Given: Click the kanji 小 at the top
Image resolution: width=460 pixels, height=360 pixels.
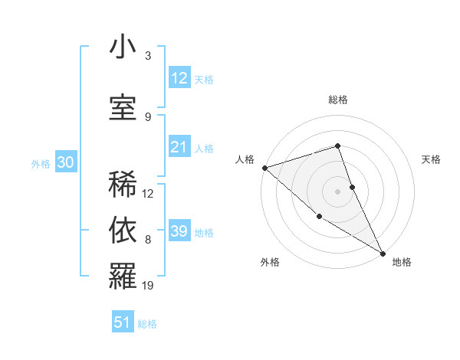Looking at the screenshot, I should coord(123,48).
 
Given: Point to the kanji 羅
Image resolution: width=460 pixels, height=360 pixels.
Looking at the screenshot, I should coord(123,276).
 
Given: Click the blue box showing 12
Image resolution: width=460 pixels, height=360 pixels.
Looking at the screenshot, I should coord(179,77).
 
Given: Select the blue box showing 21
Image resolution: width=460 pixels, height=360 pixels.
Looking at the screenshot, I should coord(179,147).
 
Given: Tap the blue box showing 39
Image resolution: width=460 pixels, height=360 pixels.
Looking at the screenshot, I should coord(179,231).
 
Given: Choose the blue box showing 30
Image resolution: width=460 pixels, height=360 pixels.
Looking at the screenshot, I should coord(65,162).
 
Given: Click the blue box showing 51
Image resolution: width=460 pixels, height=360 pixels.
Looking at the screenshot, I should coord(123,322).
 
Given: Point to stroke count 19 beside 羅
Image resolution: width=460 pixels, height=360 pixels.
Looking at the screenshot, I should coord(149,286).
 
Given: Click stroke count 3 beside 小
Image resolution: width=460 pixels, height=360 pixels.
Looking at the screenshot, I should coord(148,56).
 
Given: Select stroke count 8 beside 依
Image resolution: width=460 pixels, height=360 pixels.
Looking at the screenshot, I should coord(148,240).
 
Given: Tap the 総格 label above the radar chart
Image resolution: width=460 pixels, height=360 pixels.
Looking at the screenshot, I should coord(338,100).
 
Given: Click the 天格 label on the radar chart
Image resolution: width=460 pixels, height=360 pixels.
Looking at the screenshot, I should coord(432,159).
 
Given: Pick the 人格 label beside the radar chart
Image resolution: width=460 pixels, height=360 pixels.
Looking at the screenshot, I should coord(245,159).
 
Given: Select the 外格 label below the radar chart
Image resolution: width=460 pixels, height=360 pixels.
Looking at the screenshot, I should coord(270,263).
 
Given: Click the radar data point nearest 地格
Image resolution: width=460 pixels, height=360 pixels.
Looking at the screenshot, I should coord(382,252).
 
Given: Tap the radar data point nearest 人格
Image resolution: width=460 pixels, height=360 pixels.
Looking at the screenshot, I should coord(264,167).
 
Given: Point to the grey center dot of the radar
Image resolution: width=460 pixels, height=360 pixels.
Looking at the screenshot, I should coord(338,191).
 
